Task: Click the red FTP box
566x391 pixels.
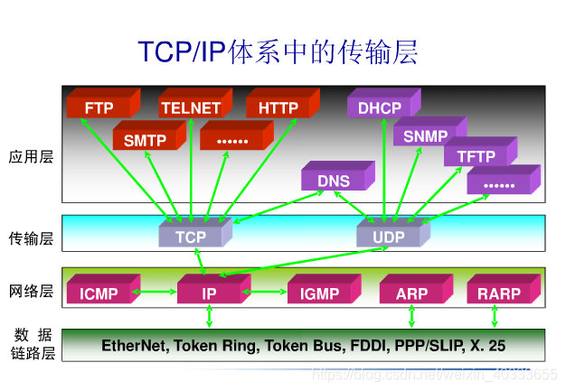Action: click(x=99, y=108)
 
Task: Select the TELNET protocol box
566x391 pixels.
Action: click(x=191, y=108)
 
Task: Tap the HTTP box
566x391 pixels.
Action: click(x=278, y=108)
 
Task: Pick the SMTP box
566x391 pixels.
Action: click(x=145, y=140)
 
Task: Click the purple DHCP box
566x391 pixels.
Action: click(x=379, y=108)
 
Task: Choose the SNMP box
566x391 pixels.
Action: click(x=425, y=136)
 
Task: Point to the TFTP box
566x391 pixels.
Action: click(x=476, y=156)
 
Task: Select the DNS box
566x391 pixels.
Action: click(x=333, y=181)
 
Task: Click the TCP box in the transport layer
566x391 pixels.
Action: click(x=191, y=237)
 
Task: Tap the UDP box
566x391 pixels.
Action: click(x=388, y=237)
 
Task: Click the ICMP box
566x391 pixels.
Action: click(x=99, y=294)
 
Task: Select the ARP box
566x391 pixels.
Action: click(x=411, y=294)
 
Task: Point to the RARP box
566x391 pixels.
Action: click(x=499, y=294)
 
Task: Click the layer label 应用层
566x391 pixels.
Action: click(x=32, y=156)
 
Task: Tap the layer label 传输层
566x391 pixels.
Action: click(x=32, y=238)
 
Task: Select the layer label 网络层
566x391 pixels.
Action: click(x=32, y=291)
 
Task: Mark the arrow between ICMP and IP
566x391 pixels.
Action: click(x=155, y=292)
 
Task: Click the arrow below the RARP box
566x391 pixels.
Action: click(x=495, y=315)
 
